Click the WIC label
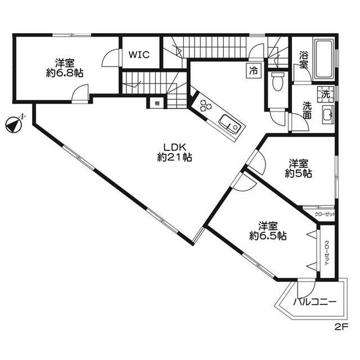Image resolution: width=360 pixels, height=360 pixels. tap(138, 55)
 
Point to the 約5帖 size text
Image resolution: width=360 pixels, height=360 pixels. tap(298, 174)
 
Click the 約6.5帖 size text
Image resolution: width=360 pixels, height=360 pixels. tap(268, 236)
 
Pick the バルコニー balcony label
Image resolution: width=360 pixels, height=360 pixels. tap(314, 303)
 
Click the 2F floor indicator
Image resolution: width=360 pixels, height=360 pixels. tap(341, 326)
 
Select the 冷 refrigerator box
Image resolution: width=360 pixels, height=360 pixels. tap(254, 71)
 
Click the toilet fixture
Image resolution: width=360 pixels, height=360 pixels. tap(276, 82)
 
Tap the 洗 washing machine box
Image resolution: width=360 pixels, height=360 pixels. tap(325, 94)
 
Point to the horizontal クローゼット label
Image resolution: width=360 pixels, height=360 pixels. tap(324, 214)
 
